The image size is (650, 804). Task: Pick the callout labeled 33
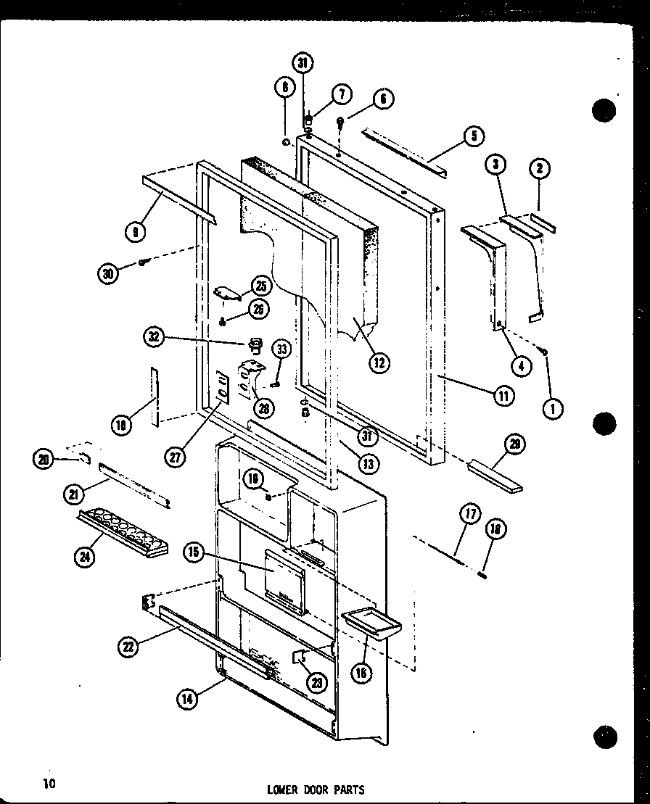pyautogui.click(x=281, y=349)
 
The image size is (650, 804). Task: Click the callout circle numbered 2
pyautogui.click(x=539, y=169)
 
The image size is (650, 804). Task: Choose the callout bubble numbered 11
pyautogui.click(x=503, y=395)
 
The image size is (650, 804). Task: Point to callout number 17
pyautogui.click(x=469, y=515)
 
